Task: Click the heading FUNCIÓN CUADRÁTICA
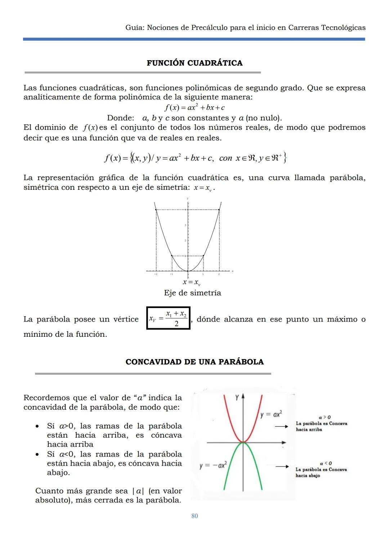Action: point(194,63)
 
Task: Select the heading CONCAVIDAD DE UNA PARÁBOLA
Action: point(194,362)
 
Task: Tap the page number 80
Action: point(194,516)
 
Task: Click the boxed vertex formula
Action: point(168,318)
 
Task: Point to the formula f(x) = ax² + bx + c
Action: point(194,107)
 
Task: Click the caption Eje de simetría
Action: point(192,293)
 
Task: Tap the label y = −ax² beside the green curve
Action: point(213,465)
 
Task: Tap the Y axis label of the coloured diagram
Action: point(237,398)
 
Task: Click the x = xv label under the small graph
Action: point(191,283)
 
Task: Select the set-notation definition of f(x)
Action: point(194,158)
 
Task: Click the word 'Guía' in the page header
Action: point(134,28)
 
